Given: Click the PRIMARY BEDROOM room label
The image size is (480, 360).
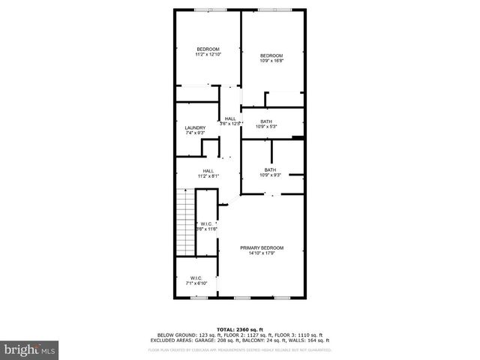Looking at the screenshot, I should click(x=262, y=247).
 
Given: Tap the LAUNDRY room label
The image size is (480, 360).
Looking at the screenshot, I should click(x=195, y=128).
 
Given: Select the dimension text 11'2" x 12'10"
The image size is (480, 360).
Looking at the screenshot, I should click(x=207, y=55).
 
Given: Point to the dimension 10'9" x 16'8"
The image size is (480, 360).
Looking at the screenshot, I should click(x=271, y=61).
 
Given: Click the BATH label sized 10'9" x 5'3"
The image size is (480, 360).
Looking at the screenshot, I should click(x=266, y=121).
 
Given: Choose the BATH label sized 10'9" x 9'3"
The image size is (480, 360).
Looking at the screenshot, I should click(x=270, y=169).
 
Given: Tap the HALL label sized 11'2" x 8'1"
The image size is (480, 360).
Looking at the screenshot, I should click(x=208, y=170).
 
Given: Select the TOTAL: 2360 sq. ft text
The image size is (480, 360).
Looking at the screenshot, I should click(x=239, y=329).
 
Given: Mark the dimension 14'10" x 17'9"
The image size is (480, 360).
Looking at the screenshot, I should click(x=262, y=253).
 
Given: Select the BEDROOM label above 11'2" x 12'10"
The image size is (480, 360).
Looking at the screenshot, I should click(x=207, y=49).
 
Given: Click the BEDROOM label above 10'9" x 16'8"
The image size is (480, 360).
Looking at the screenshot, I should click(x=271, y=55).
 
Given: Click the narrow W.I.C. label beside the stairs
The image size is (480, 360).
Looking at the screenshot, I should click(x=207, y=224).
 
